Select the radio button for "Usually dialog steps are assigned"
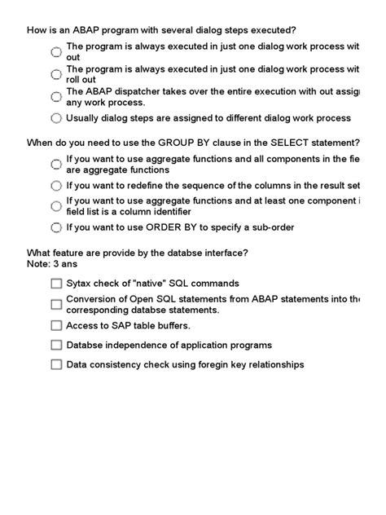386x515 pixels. point(55,118)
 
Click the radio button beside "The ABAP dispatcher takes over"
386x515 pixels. point(55,96)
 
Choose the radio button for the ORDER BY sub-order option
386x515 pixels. point(55,227)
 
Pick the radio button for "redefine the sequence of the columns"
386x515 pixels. point(55,185)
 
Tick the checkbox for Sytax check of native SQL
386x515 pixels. point(55,284)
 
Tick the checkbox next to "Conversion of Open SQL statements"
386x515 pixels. point(55,304)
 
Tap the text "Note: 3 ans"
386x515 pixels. point(53,264)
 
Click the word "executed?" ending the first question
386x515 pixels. point(271,30)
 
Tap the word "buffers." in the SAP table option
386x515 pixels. point(171,325)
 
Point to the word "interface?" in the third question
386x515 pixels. point(224,253)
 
